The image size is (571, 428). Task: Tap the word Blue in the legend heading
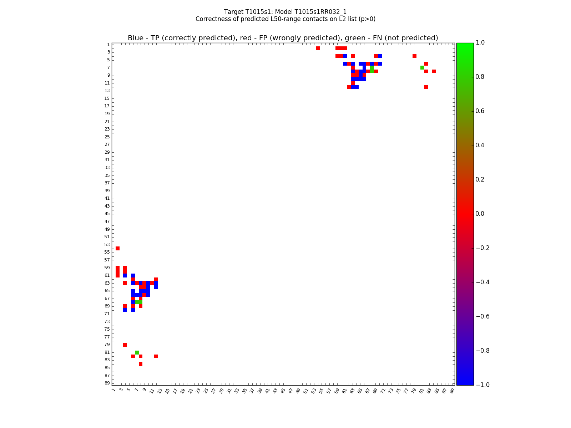coord(136,38)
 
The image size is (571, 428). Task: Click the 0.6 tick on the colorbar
coord(480,111)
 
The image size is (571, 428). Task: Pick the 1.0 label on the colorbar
coord(480,42)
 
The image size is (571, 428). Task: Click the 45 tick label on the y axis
coord(107,214)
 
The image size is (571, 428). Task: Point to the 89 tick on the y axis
coord(107,383)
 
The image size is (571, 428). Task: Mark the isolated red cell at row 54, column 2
coord(117,248)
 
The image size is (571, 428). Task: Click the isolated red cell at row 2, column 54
coord(318,48)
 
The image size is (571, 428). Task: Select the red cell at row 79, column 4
coord(125,345)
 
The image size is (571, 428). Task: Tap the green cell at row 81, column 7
coord(137,352)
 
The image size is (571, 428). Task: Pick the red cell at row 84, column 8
coord(141,364)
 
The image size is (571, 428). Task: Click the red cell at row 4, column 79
coord(414,56)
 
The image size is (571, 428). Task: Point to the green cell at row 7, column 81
coord(422,67)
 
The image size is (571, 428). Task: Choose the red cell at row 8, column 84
coord(434,71)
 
